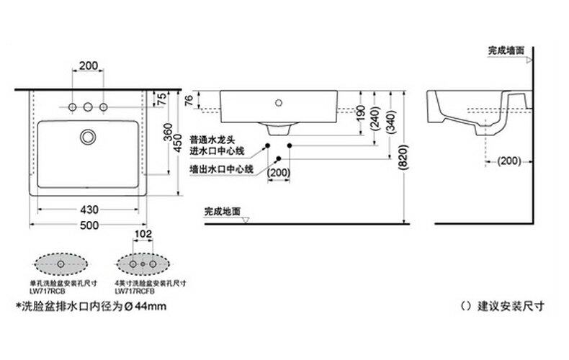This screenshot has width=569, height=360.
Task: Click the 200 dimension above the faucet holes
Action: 88,66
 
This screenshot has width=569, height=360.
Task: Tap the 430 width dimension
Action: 88,210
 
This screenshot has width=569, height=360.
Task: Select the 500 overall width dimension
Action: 88,225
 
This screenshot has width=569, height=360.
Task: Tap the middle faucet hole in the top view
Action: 88,108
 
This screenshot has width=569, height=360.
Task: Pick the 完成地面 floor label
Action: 223,212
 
